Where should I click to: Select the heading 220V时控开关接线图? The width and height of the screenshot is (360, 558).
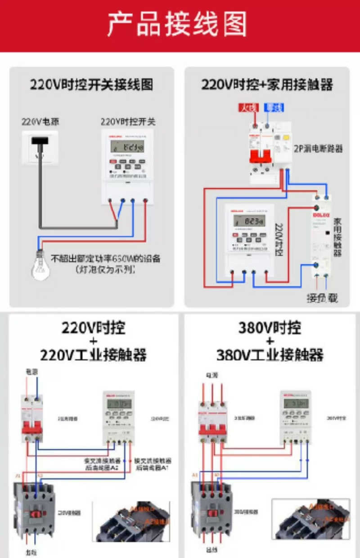pyautogui.click(x=91, y=85)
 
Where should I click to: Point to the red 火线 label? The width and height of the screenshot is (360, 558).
pyautogui.click(x=248, y=108)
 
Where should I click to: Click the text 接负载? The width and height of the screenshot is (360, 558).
pyautogui.click(x=322, y=298)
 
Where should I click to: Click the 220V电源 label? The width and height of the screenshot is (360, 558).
pyautogui.click(x=40, y=122)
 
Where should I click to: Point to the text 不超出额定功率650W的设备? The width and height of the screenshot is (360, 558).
pyautogui.click(x=105, y=259)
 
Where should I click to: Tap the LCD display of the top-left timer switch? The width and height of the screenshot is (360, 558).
pyautogui.click(x=128, y=146)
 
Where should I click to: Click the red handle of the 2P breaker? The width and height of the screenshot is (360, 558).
pyautogui.click(x=261, y=156)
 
